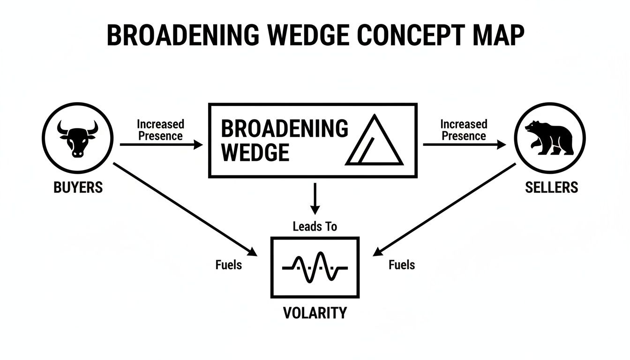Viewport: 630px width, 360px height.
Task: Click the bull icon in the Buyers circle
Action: click(77, 138)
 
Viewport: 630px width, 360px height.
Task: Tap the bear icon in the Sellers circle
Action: click(549, 138)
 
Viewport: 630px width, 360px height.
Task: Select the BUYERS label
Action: click(78, 187)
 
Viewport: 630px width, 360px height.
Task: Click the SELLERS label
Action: click(551, 187)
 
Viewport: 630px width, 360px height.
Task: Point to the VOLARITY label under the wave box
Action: click(315, 313)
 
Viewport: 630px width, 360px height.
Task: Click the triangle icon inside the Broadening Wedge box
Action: click(374, 142)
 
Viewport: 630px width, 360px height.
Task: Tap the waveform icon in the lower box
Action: click(315, 267)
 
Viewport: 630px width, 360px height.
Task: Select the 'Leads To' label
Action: click(315, 227)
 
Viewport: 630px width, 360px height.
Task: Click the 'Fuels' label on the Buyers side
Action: click(229, 265)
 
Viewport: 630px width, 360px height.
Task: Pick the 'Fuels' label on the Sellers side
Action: click(402, 265)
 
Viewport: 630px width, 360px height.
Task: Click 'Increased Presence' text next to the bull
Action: click(160, 130)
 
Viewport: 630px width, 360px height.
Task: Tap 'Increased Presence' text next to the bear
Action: click(464, 130)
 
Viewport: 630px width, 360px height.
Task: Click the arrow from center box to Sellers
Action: click(464, 145)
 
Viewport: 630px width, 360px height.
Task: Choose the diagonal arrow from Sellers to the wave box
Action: click(444, 209)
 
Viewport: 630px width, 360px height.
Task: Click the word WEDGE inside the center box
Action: click(255, 152)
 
